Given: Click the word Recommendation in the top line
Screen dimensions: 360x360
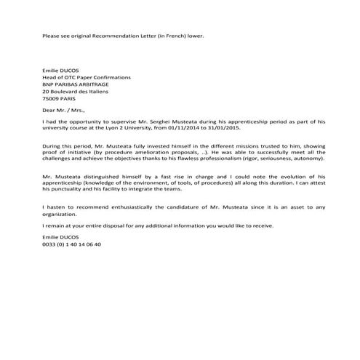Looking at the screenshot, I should (x=107, y=36).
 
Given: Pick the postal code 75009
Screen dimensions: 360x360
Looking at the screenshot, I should (x=52, y=100).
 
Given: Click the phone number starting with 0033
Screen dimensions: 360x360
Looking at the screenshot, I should (x=72, y=244).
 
